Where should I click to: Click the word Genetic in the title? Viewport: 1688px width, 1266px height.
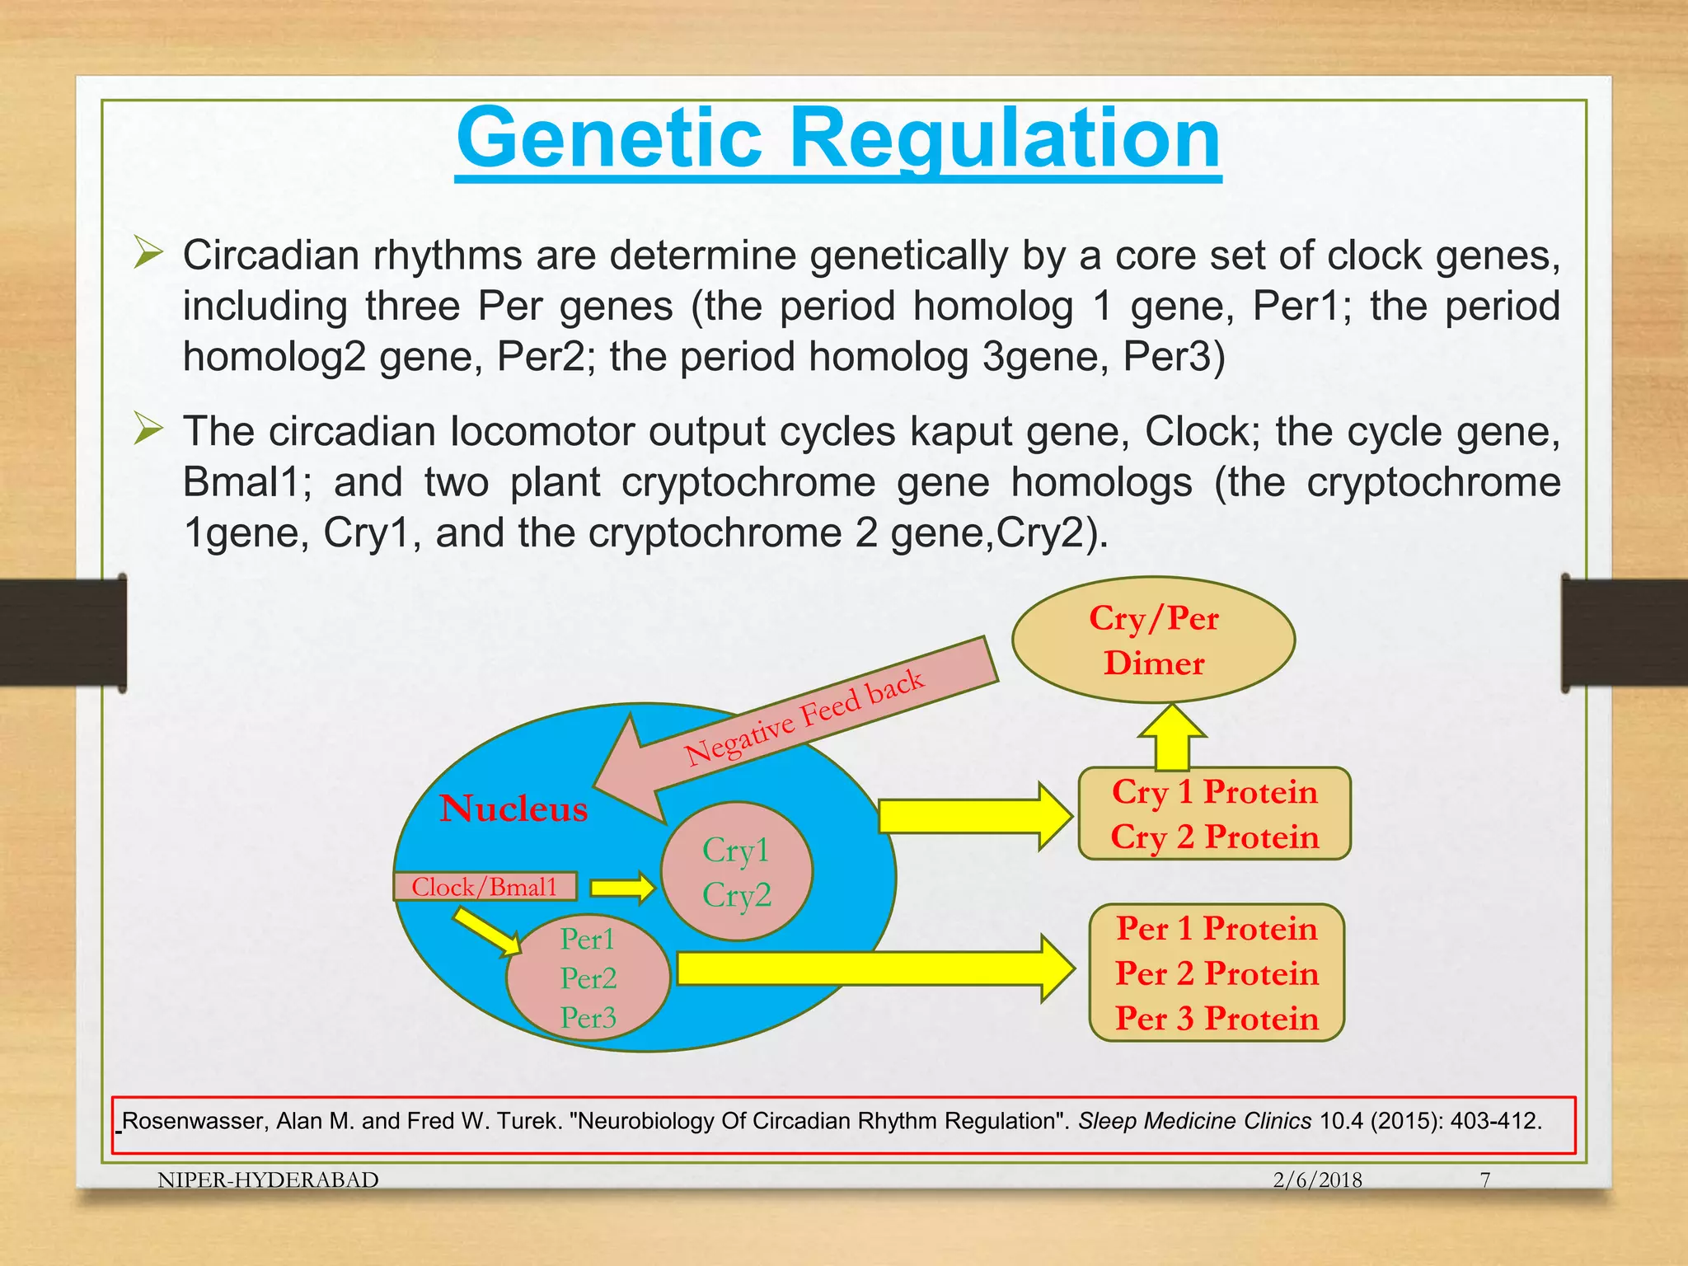(610, 138)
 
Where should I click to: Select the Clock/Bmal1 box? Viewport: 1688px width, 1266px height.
(485, 887)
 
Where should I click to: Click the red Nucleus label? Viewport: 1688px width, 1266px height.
(513, 809)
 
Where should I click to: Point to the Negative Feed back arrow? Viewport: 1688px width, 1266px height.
(804, 717)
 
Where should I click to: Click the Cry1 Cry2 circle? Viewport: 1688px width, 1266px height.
(737, 872)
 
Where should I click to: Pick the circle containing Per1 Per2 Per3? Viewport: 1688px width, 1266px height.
(588, 978)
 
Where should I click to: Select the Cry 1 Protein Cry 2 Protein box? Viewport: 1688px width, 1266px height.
(1214, 814)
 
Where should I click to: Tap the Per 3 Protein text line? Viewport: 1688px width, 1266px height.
(1217, 1019)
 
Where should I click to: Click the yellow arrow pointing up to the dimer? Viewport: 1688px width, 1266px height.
(1172, 738)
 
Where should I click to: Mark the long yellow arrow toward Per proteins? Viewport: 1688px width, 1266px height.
(874, 968)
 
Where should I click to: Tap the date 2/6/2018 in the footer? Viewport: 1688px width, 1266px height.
(1317, 1179)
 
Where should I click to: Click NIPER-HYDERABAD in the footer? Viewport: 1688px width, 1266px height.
(268, 1179)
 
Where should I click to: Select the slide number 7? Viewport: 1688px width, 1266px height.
(1485, 1179)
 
